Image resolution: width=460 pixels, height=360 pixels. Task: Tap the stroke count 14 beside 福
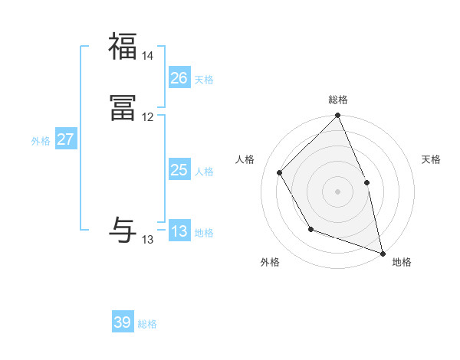pyautogui.click(x=148, y=56)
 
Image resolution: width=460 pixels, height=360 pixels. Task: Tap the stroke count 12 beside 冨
pyautogui.click(x=148, y=117)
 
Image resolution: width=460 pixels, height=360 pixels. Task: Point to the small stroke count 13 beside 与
pyautogui.click(x=148, y=240)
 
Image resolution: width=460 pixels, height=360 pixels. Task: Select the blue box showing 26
pyautogui.click(x=179, y=77)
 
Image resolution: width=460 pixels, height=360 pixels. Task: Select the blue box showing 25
pyautogui.click(x=179, y=170)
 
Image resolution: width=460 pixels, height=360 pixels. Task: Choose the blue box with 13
pyautogui.click(x=179, y=231)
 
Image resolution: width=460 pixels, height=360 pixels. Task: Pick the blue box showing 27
pyautogui.click(x=65, y=139)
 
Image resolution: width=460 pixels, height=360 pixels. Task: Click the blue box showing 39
pyautogui.click(x=123, y=322)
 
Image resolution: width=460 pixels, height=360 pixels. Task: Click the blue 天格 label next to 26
pyautogui.click(x=204, y=79)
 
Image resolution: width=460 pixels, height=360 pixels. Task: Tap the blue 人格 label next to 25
pyautogui.click(x=204, y=172)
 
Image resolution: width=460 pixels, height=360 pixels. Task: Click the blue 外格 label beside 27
pyautogui.click(x=41, y=141)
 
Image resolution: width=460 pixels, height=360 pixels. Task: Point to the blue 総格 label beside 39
pyautogui.click(x=147, y=324)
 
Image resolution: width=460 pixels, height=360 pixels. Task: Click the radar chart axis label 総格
pyautogui.click(x=338, y=100)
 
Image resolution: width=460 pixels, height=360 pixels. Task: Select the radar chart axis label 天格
pyautogui.click(x=432, y=159)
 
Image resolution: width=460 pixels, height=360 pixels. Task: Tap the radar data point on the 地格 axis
pyautogui.click(x=383, y=253)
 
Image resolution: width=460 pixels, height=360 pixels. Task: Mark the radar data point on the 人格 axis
pyautogui.click(x=280, y=172)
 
